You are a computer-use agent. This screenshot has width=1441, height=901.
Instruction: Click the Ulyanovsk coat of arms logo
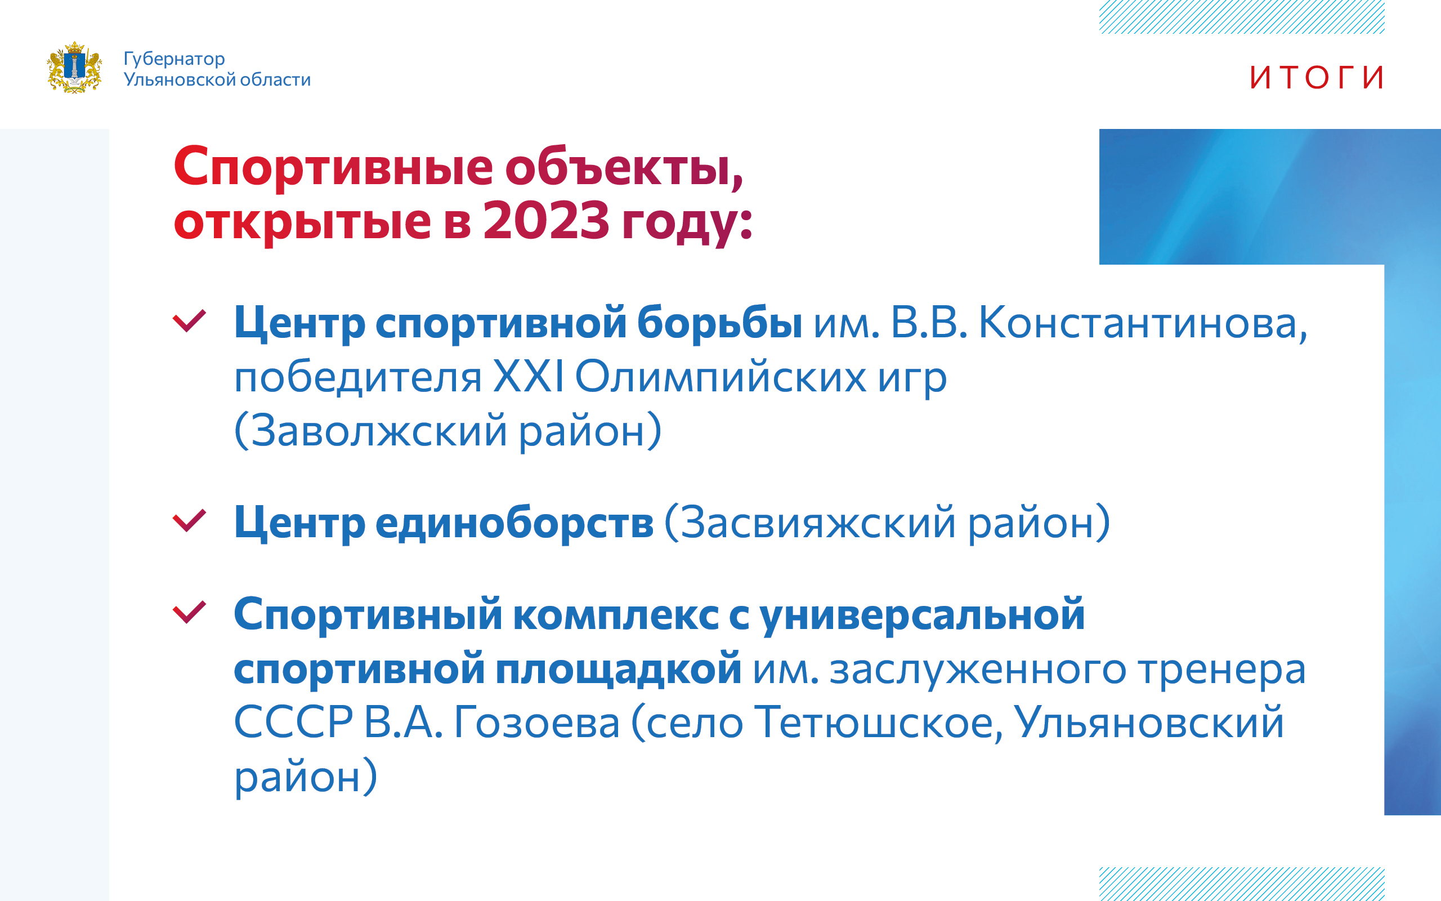click(74, 68)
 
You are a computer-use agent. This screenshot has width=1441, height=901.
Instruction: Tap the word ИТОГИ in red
click(1317, 78)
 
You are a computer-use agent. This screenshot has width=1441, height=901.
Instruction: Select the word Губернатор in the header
click(174, 60)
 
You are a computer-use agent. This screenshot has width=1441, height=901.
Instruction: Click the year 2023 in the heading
click(546, 221)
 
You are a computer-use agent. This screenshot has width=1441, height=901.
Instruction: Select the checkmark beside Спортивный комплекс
click(189, 612)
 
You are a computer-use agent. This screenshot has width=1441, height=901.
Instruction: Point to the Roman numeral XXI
click(528, 377)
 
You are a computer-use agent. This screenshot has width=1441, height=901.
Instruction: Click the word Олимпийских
click(720, 378)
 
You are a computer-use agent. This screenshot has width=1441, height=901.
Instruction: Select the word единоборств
click(514, 523)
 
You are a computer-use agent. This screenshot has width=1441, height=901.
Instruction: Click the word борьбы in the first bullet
click(719, 323)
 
